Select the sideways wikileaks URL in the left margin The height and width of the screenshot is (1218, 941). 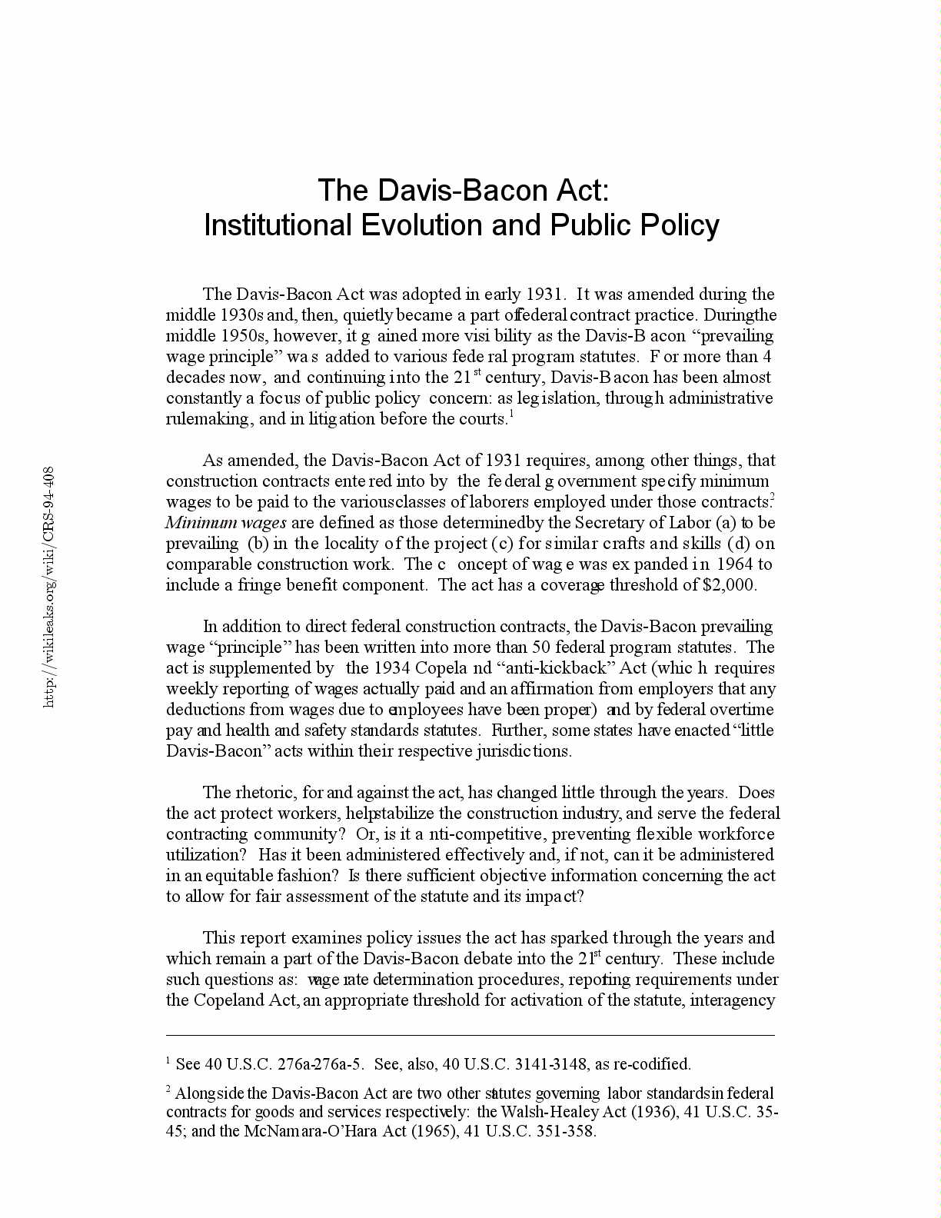tap(48, 587)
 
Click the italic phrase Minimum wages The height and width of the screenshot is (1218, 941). tap(226, 522)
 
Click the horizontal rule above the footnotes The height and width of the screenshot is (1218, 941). tap(470, 1035)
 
